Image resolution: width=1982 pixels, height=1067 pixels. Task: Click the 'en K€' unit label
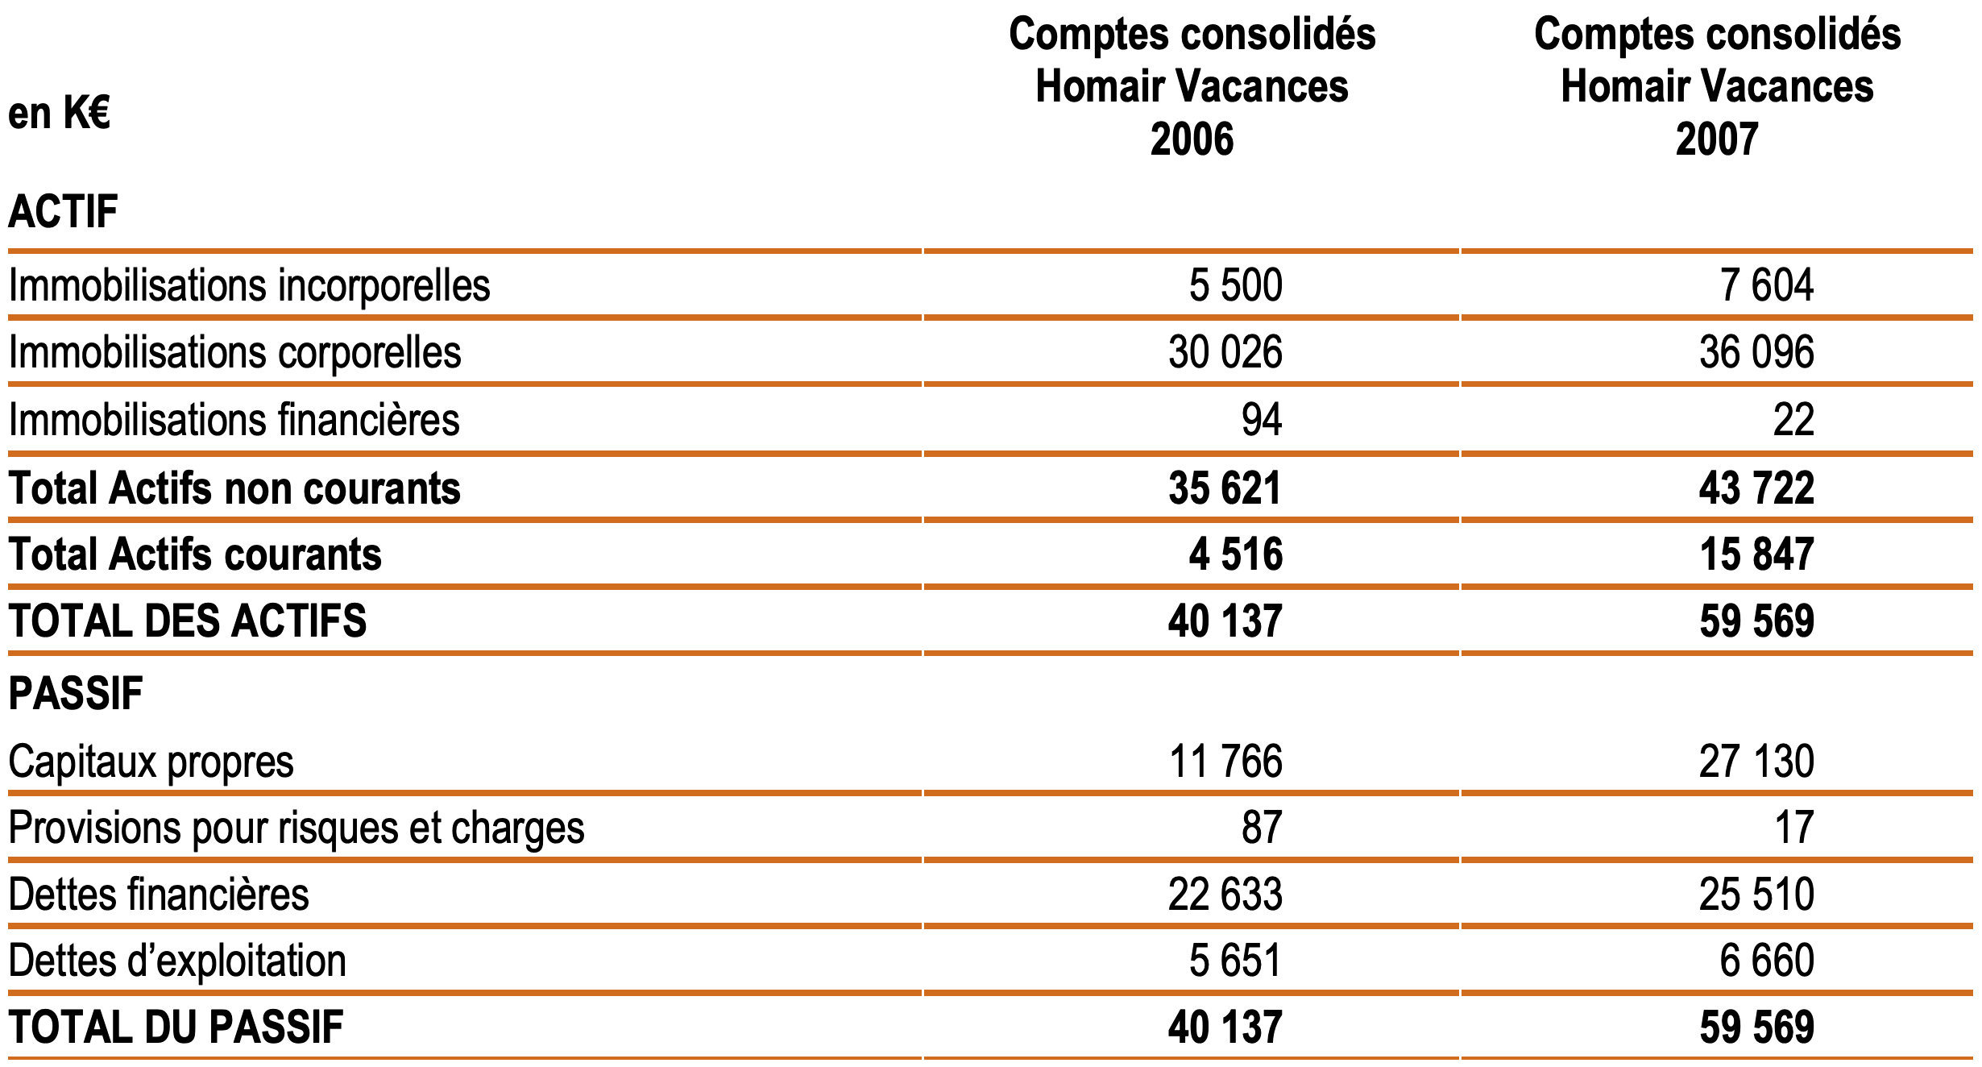[x=59, y=113]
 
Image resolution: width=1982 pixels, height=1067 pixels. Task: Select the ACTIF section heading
[x=63, y=212]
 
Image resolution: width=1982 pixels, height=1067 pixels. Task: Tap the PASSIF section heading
[x=76, y=693]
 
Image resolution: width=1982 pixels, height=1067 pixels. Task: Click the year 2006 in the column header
[x=1192, y=139]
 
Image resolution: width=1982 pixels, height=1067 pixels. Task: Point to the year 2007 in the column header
[x=1717, y=139]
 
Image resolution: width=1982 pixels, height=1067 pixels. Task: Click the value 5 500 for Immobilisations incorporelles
[x=1235, y=285]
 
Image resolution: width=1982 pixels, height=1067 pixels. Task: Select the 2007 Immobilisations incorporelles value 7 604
[x=1766, y=285]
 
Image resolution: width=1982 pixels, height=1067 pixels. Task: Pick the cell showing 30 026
[x=1225, y=353]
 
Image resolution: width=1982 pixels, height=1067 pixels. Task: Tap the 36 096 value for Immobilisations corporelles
[x=1756, y=353]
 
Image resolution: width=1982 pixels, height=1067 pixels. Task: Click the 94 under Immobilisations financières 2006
[x=1261, y=420]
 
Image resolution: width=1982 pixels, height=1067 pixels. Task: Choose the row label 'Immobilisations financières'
[x=234, y=420]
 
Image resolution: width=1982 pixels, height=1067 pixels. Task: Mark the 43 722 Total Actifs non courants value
[x=1756, y=488]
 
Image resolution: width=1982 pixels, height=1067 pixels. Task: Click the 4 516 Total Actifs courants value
[x=1235, y=554]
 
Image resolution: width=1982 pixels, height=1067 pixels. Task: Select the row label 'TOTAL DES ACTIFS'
[x=187, y=621]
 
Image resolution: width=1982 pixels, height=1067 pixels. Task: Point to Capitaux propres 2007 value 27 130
[x=1756, y=762]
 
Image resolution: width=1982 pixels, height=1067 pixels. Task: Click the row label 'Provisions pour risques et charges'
[x=296, y=828]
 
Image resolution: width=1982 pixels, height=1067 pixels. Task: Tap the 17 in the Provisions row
[x=1793, y=828]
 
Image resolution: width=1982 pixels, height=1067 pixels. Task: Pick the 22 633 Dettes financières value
[x=1225, y=895]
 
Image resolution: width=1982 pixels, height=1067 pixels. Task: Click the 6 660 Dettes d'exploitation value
[x=1766, y=961]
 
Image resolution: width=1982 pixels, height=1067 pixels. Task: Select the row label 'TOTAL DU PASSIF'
[x=176, y=1028]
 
